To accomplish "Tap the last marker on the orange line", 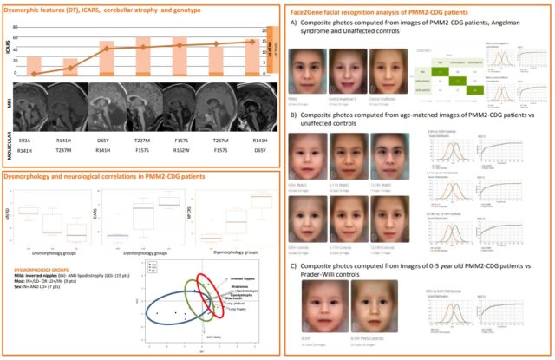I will (x=251, y=41).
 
